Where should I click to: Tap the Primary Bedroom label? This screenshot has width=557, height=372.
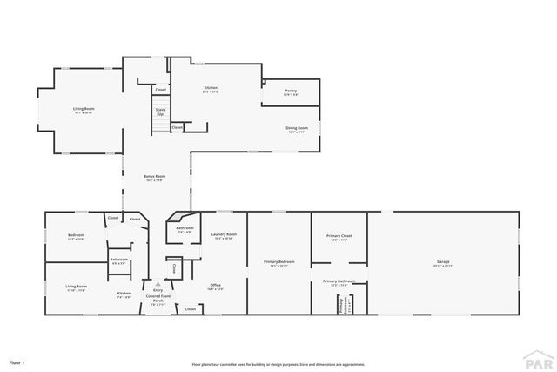click(279, 262)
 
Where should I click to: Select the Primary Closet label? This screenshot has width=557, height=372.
click(338, 237)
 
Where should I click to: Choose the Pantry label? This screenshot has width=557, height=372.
click(292, 91)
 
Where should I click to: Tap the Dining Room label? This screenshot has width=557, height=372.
click(296, 129)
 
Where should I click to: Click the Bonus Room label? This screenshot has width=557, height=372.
click(154, 177)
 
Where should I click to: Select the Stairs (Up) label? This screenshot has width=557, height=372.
click(160, 112)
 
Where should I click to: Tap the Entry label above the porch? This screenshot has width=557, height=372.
click(158, 290)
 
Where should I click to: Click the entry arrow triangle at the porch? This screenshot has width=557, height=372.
click(158, 283)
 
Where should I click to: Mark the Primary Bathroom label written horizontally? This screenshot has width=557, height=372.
click(339, 281)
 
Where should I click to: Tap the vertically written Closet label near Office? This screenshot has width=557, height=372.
click(174, 269)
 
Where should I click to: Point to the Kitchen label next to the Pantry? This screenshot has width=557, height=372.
click(210, 88)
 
